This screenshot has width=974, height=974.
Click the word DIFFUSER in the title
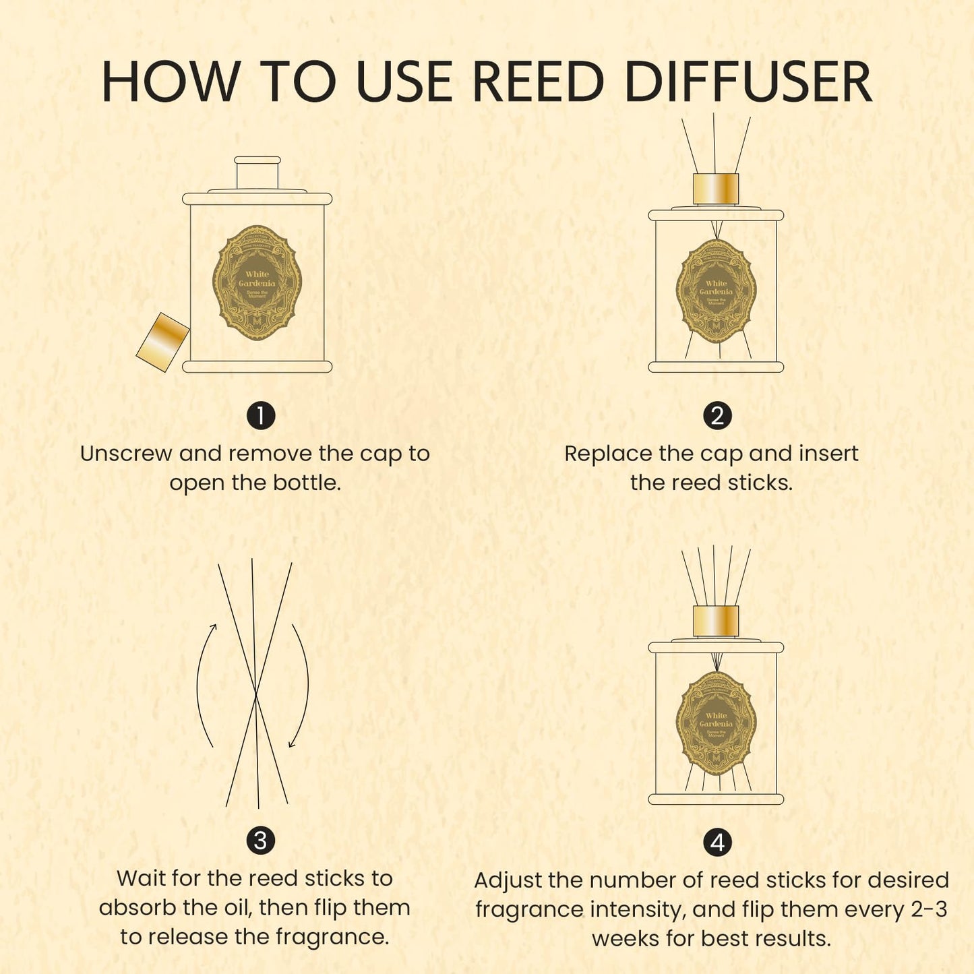coord(748,82)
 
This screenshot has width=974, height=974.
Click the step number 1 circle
coord(261,415)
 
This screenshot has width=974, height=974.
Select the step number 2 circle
coord(717,415)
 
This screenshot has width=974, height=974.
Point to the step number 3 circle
coord(260,841)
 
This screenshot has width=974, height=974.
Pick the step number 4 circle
coord(717,842)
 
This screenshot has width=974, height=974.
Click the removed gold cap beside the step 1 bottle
coord(162,342)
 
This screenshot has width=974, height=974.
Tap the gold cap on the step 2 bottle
coord(716,189)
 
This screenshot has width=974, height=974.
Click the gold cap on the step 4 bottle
coord(716,621)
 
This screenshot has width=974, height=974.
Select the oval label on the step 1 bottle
coord(257,282)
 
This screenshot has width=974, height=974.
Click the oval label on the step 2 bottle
coord(716,291)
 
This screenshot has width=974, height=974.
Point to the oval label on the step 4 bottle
coord(716,723)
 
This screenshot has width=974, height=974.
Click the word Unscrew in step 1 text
coord(125,454)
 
